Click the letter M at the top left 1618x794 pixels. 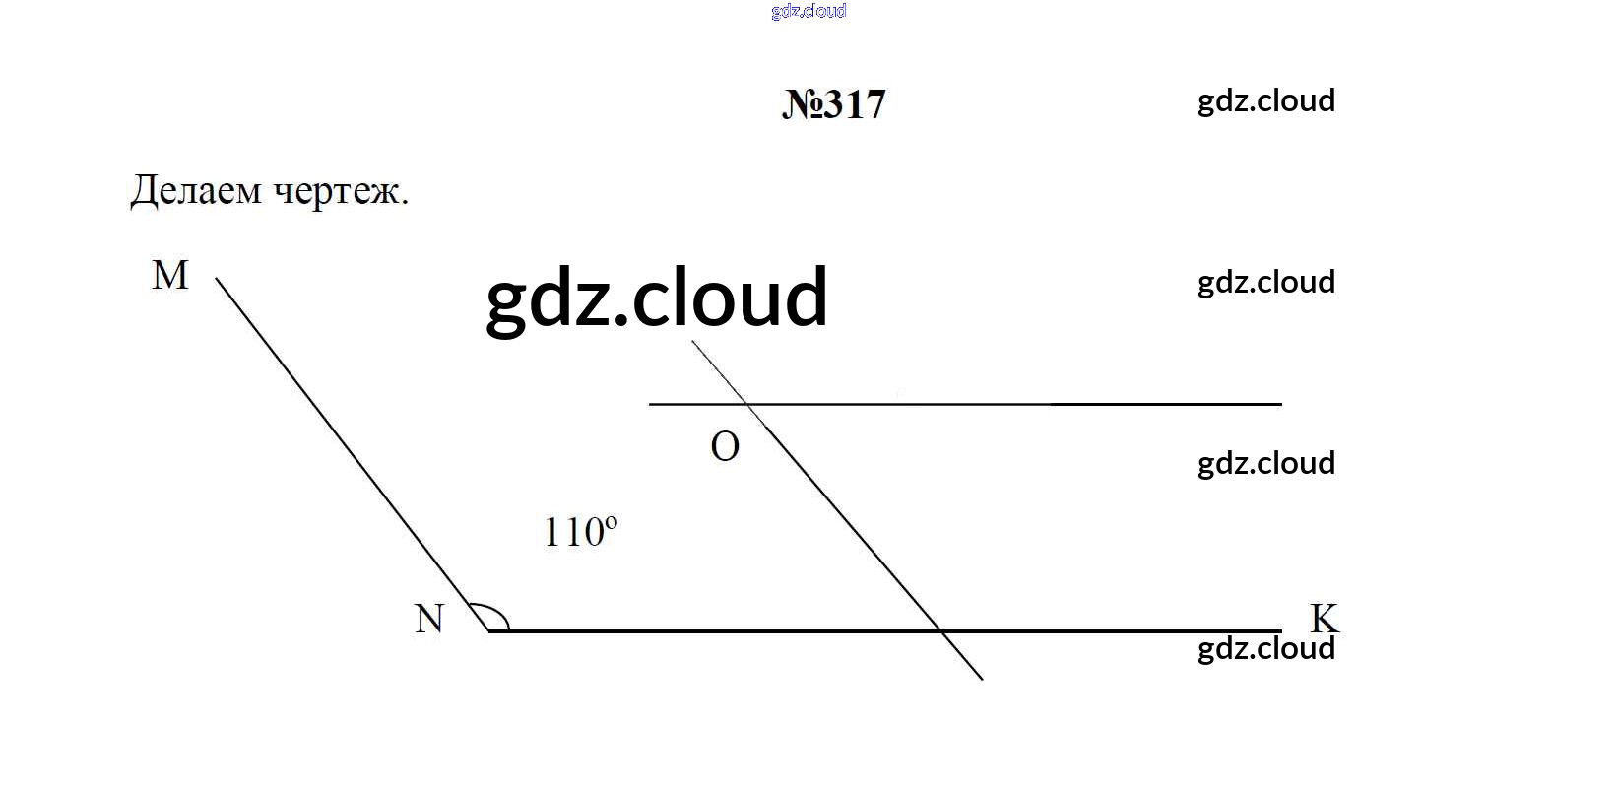click(169, 275)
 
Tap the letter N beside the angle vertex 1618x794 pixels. click(429, 620)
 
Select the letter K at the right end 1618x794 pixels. click(1324, 619)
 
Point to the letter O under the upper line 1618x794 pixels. click(725, 446)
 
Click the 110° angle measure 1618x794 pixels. click(580, 532)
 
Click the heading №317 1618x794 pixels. click(833, 104)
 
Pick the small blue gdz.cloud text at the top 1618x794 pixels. click(809, 11)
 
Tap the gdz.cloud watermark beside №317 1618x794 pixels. click(1266, 101)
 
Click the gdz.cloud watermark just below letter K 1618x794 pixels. click(1266, 649)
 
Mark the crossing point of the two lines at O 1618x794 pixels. click(748, 404)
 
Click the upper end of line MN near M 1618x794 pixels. click(216, 278)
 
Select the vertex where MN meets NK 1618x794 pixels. click(489, 631)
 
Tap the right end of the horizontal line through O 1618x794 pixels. click(1281, 404)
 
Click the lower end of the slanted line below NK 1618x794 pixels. click(983, 679)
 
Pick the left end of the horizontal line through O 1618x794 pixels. click(649, 404)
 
